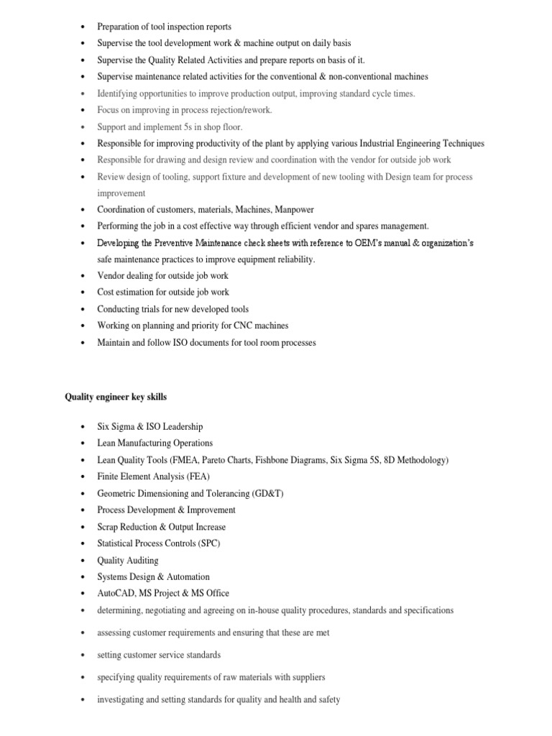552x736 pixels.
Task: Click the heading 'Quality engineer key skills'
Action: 116,397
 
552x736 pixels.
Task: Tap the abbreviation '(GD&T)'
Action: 267,493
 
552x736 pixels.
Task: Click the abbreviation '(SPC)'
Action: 206,543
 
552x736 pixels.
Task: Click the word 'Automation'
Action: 188,576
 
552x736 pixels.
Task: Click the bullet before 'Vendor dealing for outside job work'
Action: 83,276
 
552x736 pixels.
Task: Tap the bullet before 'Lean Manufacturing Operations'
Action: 83,443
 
